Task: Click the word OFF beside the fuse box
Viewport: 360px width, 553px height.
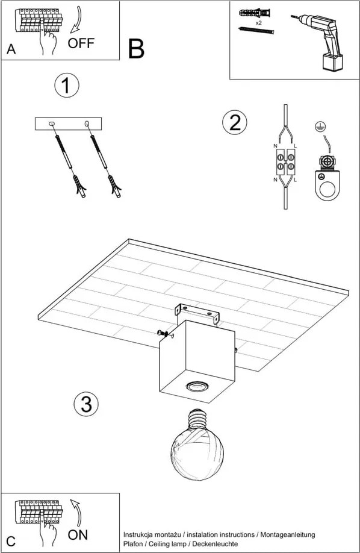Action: point(81,43)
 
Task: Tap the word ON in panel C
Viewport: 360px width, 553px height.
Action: point(78,535)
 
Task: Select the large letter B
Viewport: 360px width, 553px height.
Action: point(136,49)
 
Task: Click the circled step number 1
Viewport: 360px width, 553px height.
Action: point(67,86)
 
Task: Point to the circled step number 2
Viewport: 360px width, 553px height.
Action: point(234,122)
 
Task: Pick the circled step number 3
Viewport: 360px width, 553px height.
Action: point(86,404)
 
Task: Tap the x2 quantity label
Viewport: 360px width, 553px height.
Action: point(258,23)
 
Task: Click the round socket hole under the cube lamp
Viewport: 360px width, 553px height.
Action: point(196,386)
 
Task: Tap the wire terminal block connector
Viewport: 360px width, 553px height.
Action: point(285,161)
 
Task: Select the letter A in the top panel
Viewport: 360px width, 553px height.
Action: point(11,49)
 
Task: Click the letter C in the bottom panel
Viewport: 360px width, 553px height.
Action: point(11,542)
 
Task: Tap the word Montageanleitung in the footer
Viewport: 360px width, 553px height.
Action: point(288,536)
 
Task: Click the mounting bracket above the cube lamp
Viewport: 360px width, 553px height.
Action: point(197,312)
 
